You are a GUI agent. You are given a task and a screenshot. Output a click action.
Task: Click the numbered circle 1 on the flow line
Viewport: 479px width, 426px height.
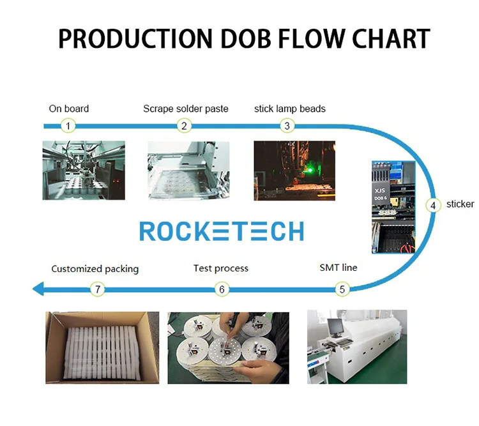[x=68, y=126]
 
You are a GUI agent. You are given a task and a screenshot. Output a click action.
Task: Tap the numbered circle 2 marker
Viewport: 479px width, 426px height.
[x=184, y=126]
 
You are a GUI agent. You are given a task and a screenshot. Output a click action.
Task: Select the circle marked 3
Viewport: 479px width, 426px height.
[x=287, y=126]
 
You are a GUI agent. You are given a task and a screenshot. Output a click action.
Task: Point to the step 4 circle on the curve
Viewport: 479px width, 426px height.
[x=433, y=205]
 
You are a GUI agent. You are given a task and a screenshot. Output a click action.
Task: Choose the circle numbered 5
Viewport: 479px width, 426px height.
[x=342, y=289]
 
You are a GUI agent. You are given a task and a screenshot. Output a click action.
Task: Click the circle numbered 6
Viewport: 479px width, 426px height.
[x=222, y=289]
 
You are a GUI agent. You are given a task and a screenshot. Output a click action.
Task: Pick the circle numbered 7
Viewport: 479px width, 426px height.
[x=97, y=289]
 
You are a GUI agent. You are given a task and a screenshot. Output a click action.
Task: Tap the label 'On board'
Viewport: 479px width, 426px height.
[x=69, y=109]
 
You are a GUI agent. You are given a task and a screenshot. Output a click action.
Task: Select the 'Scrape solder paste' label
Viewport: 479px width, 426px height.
[x=185, y=109]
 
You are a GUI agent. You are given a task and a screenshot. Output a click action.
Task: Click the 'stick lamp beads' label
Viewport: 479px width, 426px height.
[x=289, y=109]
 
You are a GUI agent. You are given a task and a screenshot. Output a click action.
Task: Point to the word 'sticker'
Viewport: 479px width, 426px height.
[x=460, y=204]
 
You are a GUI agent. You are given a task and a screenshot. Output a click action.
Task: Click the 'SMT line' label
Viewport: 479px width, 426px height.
[x=338, y=268]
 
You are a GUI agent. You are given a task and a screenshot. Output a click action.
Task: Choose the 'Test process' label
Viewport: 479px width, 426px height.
[x=220, y=268]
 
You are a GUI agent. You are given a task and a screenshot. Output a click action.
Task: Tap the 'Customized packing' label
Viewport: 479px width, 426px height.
[x=95, y=268]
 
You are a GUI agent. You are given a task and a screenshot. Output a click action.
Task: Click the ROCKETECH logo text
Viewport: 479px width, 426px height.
[x=221, y=231]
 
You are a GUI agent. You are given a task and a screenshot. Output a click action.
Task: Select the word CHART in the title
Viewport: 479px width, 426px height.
[x=389, y=39]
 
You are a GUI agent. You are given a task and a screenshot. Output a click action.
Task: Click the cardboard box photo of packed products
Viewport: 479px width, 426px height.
[x=102, y=348]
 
